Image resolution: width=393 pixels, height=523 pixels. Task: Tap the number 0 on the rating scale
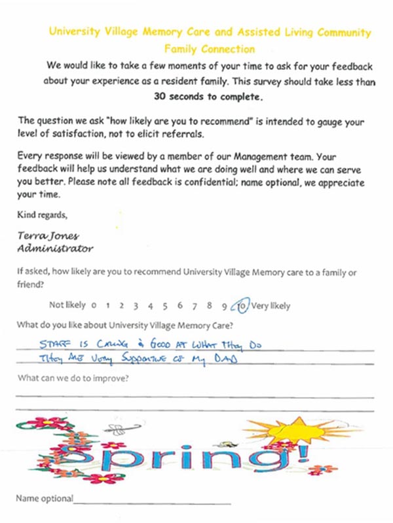pyautogui.click(x=94, y=305)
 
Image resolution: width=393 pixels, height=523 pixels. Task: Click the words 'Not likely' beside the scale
pyautogui.click(x=67, y=305)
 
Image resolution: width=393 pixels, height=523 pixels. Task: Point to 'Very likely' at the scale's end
pyautogui.click(x=271, y=305)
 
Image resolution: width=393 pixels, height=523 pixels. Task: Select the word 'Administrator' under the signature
pyautogui.click(x=55, y=248)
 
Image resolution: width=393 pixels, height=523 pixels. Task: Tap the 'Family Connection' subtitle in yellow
pyautogui.click(x=210, y=49)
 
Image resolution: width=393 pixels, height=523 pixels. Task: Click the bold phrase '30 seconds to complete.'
pyautogui.click(x=208, y=97)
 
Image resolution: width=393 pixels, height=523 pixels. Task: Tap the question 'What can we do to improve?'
pyautogui.click(x=72, y=379)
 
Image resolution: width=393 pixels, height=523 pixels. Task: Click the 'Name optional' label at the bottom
pyautogui.click(x=45, y=498)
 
